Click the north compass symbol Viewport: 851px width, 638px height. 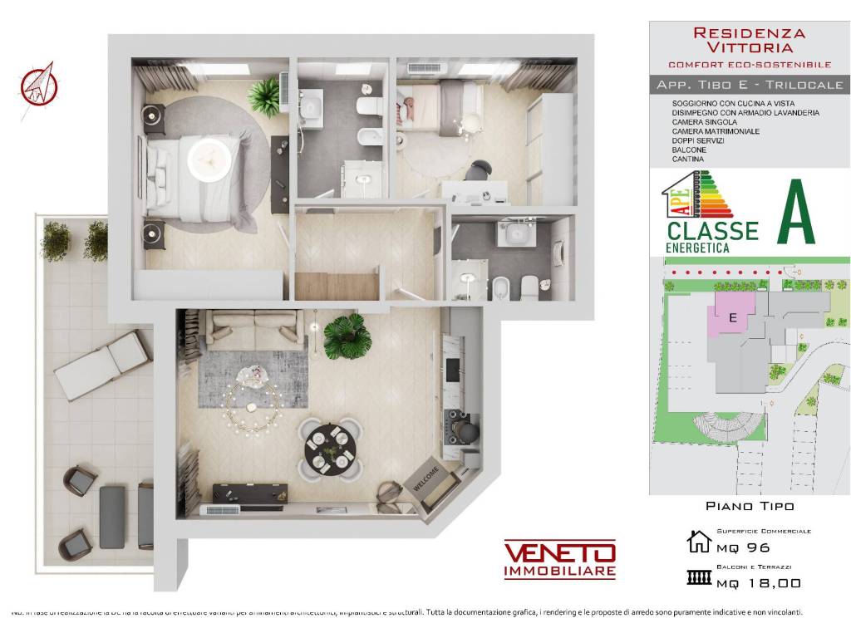tap(37, 82)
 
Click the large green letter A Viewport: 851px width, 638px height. tap(795, 213)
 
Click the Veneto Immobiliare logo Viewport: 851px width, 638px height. tap(559, 559)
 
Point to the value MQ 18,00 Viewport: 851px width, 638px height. tap(759, 583)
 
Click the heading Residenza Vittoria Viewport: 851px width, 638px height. tap(749, 41)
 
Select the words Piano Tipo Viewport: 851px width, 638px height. tap(750, 505)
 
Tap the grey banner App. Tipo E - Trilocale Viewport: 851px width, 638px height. tap(750, 85)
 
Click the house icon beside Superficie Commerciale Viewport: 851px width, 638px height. tap(699, 542)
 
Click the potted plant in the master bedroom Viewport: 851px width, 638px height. tap(265, 96)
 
